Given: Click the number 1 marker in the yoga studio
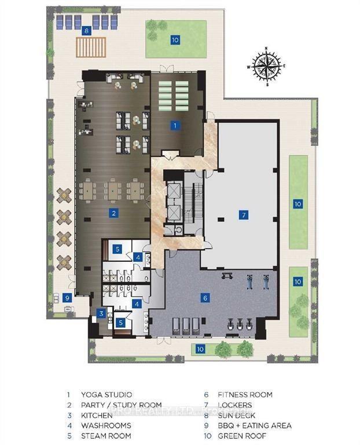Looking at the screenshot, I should tap(174, 125).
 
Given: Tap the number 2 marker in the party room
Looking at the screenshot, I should tap(114, 213).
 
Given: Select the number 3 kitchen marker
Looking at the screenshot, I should tap(101, 313).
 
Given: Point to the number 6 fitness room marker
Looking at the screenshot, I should tap(205, 298).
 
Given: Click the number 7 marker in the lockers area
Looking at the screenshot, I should tap(244, 215).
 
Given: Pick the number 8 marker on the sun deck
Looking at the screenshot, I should tap(86, 31).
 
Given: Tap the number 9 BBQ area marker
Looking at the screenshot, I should tap(67, 298).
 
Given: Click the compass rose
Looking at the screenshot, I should tap(266, 64).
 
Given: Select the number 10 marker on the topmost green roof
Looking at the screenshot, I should tap(174, 39).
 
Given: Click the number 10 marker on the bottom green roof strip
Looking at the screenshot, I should tap(200, 349).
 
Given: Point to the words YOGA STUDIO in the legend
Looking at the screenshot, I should tap(106, 395).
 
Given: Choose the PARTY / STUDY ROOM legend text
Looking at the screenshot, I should tap(122, 405).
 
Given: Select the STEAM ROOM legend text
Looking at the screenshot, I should tap(106, 436).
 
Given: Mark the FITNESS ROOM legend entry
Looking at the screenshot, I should tap(245, 395).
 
